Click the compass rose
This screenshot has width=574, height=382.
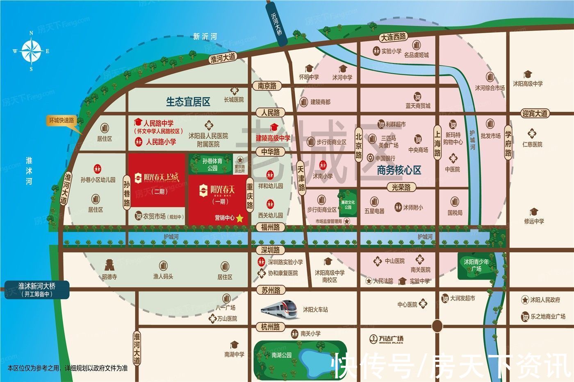point(31,51)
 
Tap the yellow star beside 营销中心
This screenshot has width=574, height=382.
point(240,219)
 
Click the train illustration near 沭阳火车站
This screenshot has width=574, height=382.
point(280,309)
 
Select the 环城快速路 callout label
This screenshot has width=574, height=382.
point(62,120)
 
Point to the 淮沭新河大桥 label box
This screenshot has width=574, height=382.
point(36,290)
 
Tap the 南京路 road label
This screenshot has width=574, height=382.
point(267,86)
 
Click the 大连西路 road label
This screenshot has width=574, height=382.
point(393,37)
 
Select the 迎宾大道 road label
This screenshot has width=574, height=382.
point(535,113)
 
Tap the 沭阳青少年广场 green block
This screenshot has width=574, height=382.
point(476,266)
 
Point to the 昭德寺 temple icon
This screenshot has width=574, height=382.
point(109,265)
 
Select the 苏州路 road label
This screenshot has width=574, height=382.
point(271,290)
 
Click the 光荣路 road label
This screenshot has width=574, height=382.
point(401,187)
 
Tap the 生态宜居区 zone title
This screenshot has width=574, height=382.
point(188,102)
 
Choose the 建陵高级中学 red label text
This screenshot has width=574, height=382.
point(273,138)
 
